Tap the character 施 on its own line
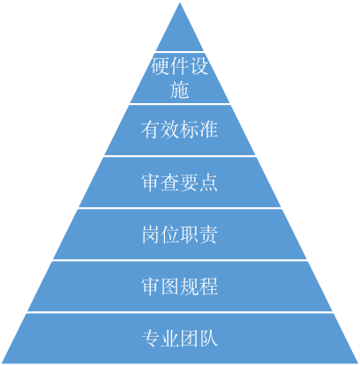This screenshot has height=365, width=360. (180, 88)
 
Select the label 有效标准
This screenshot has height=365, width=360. (180, 130)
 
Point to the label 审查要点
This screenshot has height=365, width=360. (180, 182)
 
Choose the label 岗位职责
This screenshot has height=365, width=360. (180, 235)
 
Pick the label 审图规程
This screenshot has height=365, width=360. (180, 287)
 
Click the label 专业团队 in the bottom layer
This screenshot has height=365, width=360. (180, 339)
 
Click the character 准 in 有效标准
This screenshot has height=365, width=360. (208, 130)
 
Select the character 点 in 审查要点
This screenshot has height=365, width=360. (208, 182)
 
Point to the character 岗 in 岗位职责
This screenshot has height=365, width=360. (151, 235)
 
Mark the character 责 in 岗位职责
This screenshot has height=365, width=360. (208, 235)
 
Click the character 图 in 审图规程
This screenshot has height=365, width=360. (170, 287)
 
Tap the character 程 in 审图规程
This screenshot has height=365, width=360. (208, 287)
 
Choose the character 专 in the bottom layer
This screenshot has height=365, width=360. (151, 339)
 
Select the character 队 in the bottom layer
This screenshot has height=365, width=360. (208, 339)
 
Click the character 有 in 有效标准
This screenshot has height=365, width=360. (151, 130)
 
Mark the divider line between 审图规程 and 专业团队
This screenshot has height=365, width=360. (180, 312)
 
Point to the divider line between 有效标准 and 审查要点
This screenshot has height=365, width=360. (180, 156)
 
